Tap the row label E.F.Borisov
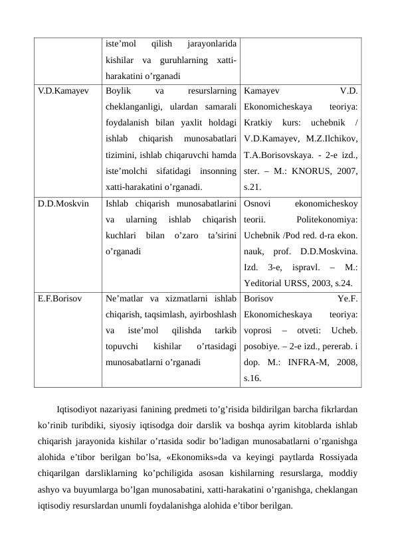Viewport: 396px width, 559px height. click(x=60, y=299)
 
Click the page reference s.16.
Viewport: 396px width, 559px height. click(x=253, y=378)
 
